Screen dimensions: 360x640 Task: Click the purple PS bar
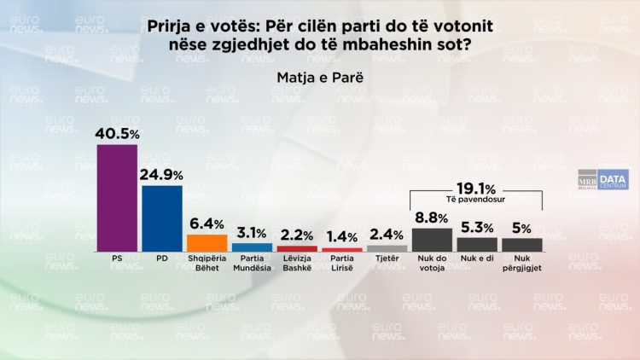117,198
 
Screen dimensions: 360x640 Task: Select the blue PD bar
161,218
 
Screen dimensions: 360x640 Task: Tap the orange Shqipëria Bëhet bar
207,243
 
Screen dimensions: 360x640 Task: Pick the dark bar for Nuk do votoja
432,240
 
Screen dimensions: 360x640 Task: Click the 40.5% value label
117,134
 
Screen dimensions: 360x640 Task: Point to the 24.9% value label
161,175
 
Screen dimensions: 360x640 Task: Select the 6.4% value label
207,224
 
